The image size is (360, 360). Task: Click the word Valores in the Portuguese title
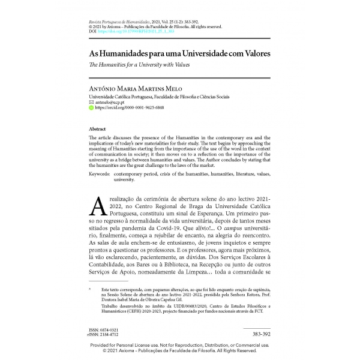(x=251, y=53)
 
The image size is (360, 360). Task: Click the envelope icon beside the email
(x=91, y=103)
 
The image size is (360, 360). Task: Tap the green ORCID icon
(x=91, y=109)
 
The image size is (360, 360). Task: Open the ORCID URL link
(x=128, y=109)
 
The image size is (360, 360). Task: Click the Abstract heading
(x=97, y=129)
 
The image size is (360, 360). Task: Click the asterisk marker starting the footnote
(x=91, y=289)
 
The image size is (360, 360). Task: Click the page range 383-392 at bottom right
(x=260, y=333)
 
